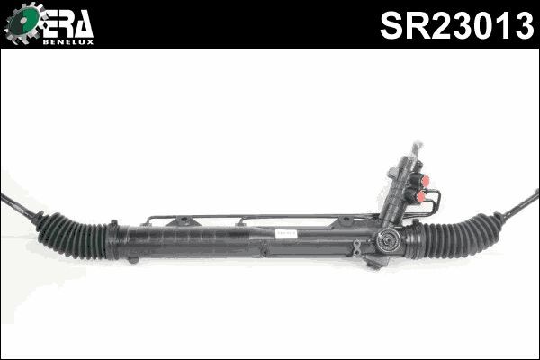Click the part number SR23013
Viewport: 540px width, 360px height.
(x=455, y=24)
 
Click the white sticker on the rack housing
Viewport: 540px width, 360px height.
(x=285, y=231)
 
